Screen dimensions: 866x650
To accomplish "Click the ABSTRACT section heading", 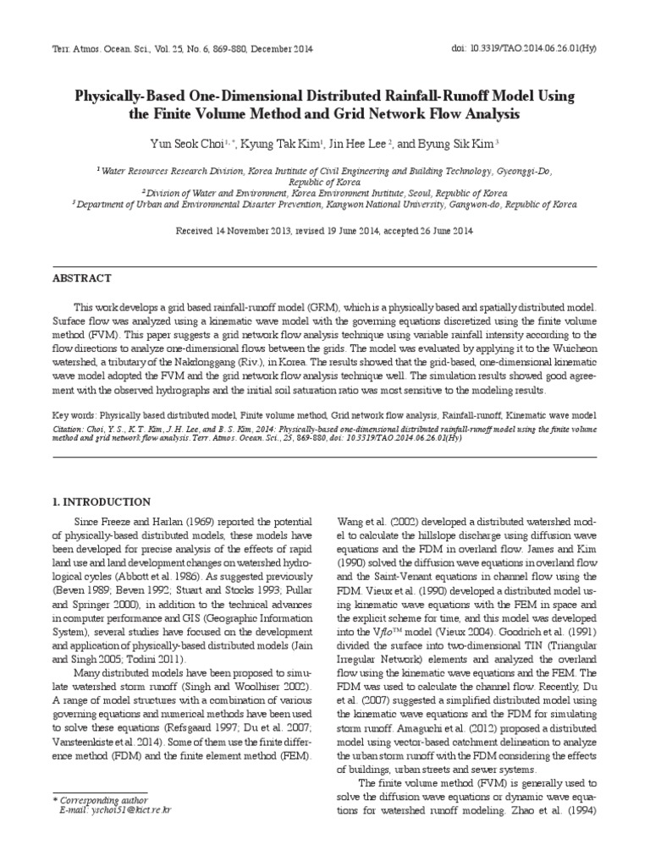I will (81, 278).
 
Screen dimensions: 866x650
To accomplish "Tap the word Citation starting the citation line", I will (71, 429).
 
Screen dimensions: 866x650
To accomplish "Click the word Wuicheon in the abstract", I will (573, 350).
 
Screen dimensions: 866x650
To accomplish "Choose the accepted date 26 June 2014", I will (438, 230).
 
